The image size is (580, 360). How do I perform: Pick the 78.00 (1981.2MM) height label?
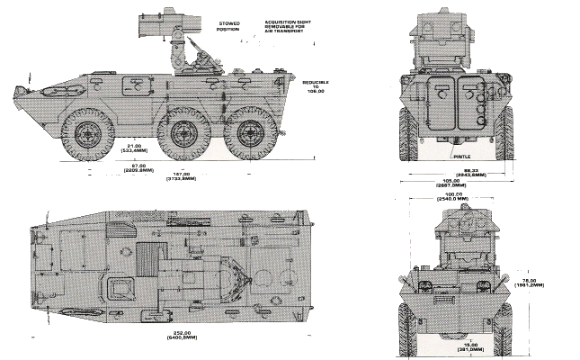coord(540,283)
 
